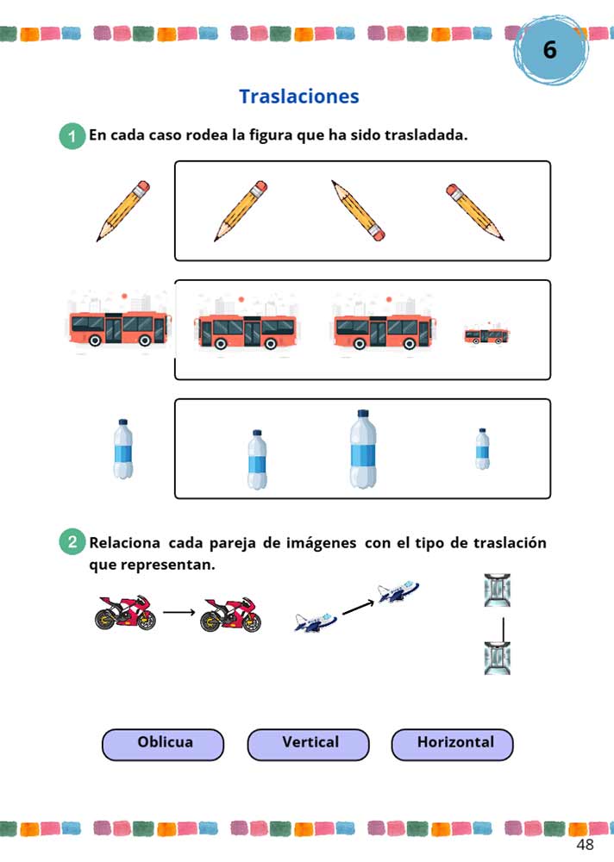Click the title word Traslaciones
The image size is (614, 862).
tap(298, 97)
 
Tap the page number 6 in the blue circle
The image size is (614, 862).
tap(549, 50)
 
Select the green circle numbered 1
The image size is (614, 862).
tap(72, 136)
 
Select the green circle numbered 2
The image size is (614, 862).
tap(72, 543)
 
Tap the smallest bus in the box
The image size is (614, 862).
tap(488, 335)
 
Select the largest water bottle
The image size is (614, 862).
tap(364, 450)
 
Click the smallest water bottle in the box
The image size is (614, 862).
tap(483, 449)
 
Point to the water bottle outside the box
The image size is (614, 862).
tap(123, 449)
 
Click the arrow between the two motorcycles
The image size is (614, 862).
tap(179, 613)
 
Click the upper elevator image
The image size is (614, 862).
tap(498, 591)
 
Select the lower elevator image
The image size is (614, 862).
tap(498, 657)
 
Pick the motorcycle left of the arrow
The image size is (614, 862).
tap(126, 613)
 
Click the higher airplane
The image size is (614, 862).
tap(398, 591)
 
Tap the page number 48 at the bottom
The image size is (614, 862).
tap(585, 845)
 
